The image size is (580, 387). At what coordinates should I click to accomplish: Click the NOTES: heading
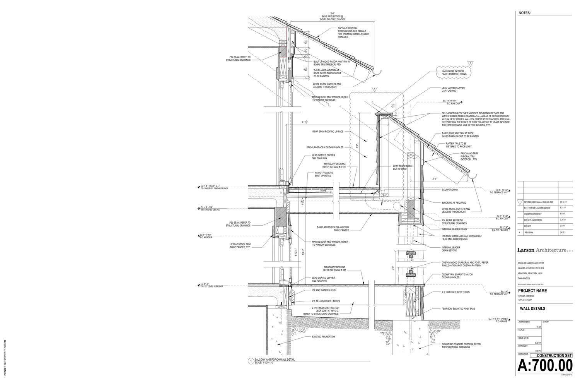click(x=525, y=13)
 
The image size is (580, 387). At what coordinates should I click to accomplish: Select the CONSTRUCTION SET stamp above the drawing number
click(x=552, y=355)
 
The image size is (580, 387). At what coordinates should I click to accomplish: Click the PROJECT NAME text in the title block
click(x=532, y=291)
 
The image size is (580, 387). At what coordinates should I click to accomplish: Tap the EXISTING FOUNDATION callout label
click(x=323, y=337)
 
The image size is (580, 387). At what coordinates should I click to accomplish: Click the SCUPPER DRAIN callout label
click(x=450, y=190)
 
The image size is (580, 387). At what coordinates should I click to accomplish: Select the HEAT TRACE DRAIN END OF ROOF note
click(x=402, y=168)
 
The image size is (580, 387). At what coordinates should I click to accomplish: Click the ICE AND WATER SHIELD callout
click(x=324, y=290)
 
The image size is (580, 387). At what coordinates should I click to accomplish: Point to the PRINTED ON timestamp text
click(x=5, y=358)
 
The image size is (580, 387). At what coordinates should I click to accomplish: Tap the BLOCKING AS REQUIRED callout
click(x=454, y=203)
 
